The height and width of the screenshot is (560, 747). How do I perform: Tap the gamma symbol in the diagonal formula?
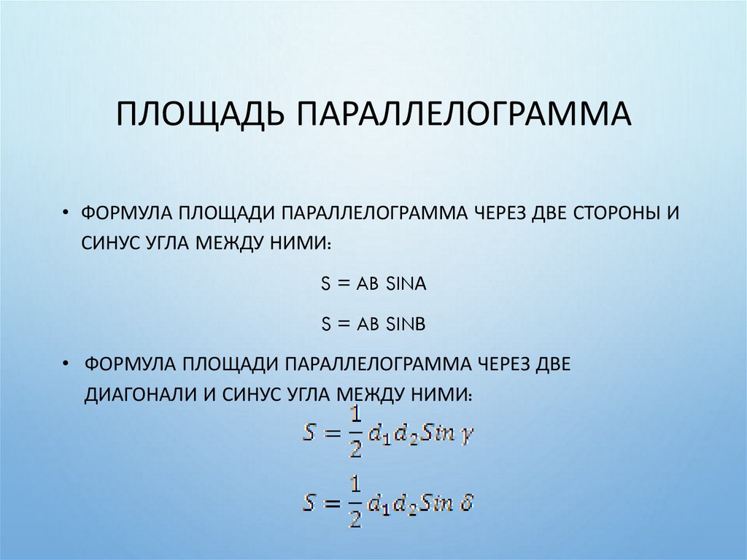(x=468, y=436)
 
